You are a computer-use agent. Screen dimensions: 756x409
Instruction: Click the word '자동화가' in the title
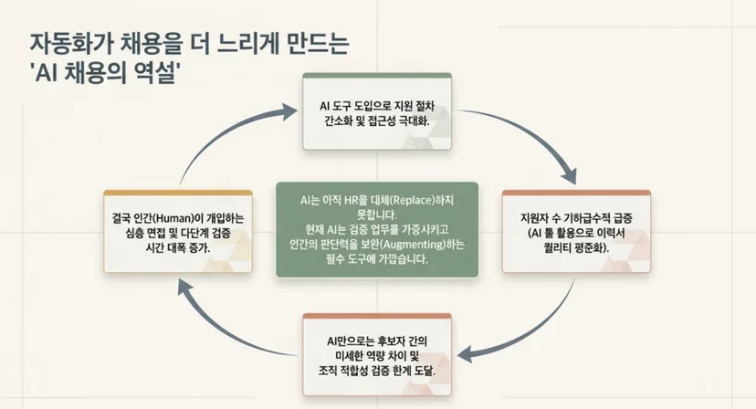point(71,44)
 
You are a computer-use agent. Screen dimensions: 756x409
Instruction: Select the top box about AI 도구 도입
point(377,111)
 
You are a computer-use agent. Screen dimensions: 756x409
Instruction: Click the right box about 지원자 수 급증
point(577,232)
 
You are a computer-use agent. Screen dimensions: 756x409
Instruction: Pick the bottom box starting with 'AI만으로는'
point(377,354)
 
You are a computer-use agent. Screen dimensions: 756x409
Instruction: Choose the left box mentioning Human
point(178,232)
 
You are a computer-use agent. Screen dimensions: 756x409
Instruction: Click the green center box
point(377,229)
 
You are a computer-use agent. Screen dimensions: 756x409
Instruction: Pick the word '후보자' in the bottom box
point(391,341)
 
